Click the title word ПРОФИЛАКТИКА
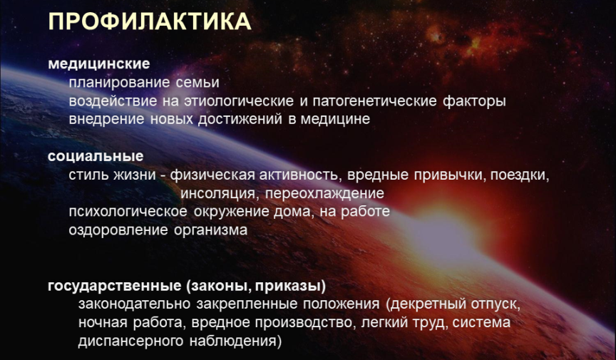click(150, 21)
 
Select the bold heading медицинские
click(99, 63)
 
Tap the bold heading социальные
click(96, 156)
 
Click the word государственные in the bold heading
click(114, 286)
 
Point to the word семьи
click(197, 83)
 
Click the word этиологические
click(239, 101)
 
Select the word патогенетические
click(374, 101)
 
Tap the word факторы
click(474, 101)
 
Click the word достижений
click(240, 119)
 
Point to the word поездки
click(519, 175)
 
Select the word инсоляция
click(220, 193)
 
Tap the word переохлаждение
click(324, 193)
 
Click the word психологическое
click(128, 212)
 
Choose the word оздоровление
click(118, 230)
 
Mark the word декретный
click(429, 304)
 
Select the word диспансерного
click(130, 341)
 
